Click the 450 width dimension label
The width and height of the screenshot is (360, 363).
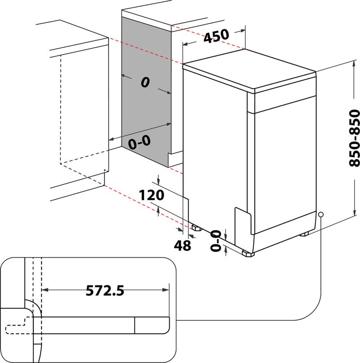[x=216, y=36]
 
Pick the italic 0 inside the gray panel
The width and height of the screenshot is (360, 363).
[x=144, y=82]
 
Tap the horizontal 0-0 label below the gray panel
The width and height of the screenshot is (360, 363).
[x=139, y=143]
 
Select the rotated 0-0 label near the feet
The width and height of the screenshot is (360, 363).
[x=216, y=240]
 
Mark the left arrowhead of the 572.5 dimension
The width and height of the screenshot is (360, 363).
[x=45, y=290]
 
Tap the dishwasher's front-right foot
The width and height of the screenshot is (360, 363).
[x=248, y=254]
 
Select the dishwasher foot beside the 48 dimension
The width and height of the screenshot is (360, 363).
[x=196, y=227]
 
